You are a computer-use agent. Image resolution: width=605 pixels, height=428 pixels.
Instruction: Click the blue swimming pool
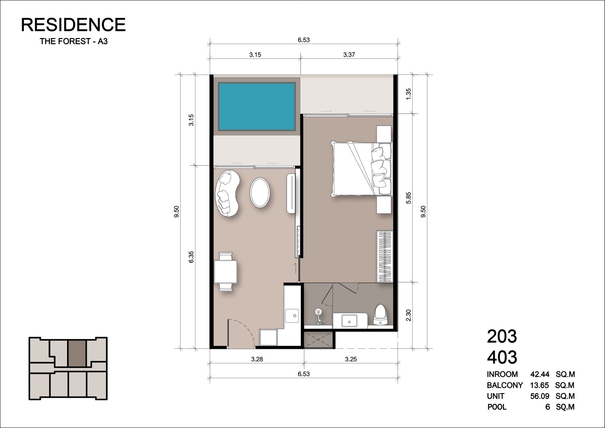tap(257, 107)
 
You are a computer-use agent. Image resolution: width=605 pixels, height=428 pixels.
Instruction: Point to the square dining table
tap(226, 272)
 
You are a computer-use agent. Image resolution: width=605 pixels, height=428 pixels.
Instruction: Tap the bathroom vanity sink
tap(349, 320)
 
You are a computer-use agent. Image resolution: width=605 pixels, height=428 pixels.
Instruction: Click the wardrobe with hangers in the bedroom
tap(384, 256)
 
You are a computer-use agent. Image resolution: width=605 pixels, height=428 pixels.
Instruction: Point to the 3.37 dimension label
tap(349, 55)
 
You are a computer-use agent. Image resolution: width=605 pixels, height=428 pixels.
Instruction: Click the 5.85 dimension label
tap(409, 198)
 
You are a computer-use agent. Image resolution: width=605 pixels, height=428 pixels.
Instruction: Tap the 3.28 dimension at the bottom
tap(257, 359)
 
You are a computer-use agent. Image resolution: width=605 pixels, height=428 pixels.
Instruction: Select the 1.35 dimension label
tap(409, 94)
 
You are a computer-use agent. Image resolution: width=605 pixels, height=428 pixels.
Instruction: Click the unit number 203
tap(502, 336)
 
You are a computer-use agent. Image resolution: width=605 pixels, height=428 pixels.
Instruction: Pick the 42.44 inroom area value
tap(540, 374)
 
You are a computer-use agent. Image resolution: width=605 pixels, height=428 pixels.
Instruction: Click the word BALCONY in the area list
tap(505, 385)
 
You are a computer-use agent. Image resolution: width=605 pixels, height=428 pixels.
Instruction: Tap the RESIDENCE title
tap(73, 25)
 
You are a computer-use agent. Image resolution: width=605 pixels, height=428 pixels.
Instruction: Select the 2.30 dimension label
tap(409, 315)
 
